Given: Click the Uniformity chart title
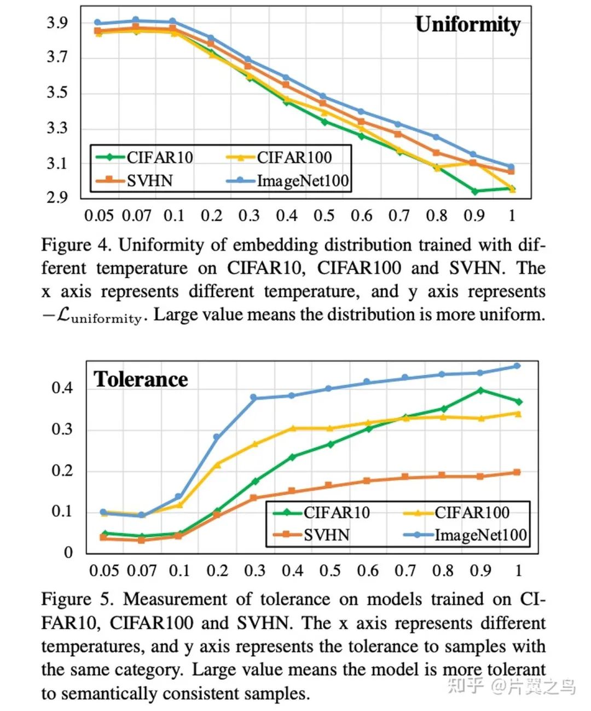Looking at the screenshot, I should (x=467, y=25).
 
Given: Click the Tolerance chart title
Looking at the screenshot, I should (x=141, y=379).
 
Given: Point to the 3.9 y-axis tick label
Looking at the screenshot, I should (x=57, y=22).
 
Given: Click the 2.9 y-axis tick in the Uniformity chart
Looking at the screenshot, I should (x=57, y=197).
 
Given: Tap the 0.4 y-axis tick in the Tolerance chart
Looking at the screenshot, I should (x=62, y=388).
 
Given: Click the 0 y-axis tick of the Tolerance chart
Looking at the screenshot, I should (x=68, y=552).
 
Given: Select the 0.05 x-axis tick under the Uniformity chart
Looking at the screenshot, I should (x=99, y=215).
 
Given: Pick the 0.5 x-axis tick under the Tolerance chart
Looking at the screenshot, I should (x=330, y=571).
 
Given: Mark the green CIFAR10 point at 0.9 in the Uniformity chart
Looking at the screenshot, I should (x=474, y=191).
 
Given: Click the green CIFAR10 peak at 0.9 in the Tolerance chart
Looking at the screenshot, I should (x=480, y=391).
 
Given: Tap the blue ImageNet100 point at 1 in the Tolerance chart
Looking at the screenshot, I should (x=517, y=366).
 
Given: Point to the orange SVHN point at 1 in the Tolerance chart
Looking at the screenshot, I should (x=517, y=472).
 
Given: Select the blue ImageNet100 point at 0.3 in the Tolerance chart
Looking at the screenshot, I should (x=254, y=398).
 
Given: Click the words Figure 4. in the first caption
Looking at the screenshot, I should (x=76, y=244).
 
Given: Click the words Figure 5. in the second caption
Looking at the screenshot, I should (x=78, y=599).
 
